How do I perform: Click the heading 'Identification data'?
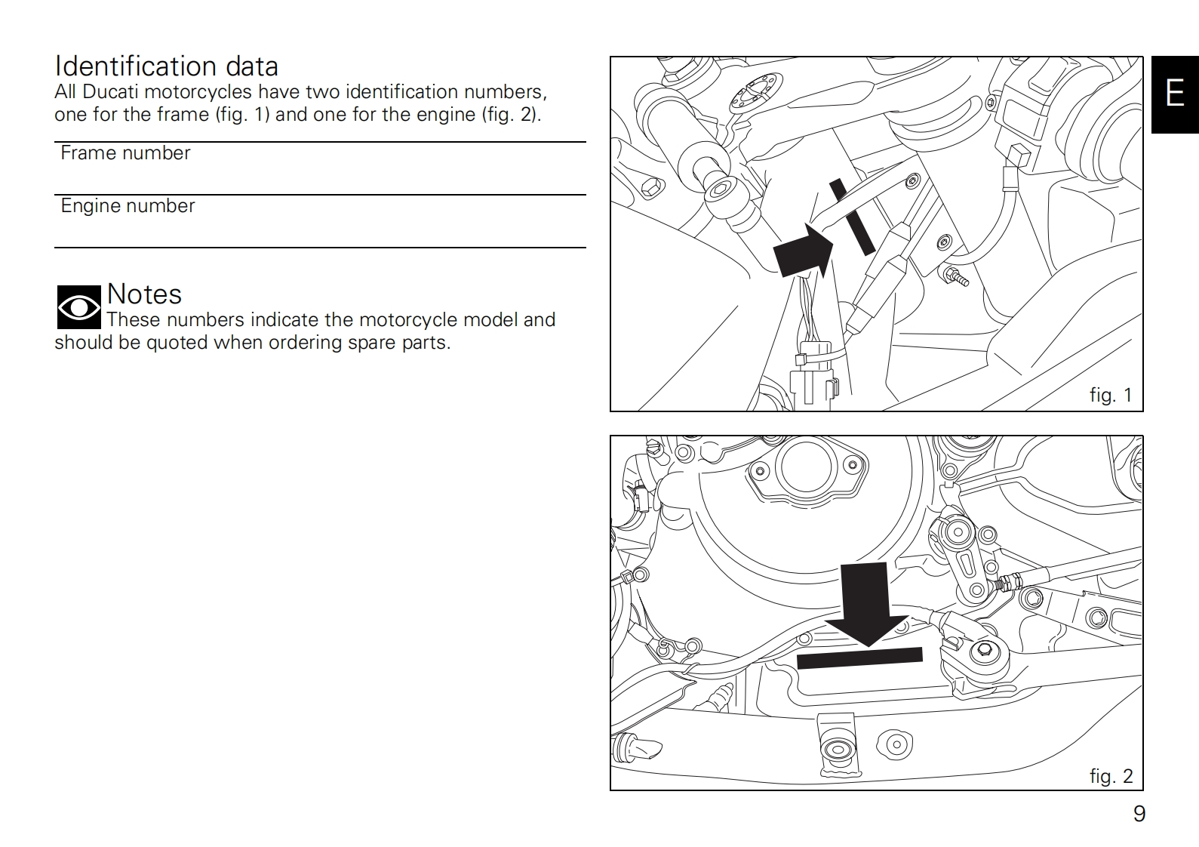[x=166, y=66]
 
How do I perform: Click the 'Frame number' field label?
[x=125, y=153]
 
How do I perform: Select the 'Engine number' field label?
[x=128, y=206]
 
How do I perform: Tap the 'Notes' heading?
[x=144, y=294]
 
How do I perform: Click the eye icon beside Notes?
[x=78, y=307]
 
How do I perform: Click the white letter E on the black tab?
[x=1175, y=94]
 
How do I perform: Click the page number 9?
[x=1139, y=814]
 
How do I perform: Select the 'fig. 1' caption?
[x=1111, y=395]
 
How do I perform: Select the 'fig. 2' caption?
[x=1111, y=776]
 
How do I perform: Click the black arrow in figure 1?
[x=802, y=251]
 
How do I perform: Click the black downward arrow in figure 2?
[x=866, y=604]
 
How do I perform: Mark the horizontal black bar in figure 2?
[x=859, y=658]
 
